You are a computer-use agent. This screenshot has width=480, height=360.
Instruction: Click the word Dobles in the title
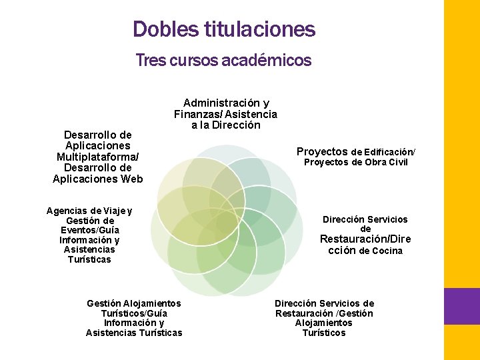coord(158,29)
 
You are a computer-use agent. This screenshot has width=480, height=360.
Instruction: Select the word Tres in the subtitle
coord(150,61)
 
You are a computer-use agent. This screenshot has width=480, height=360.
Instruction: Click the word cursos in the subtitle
coord(193,61)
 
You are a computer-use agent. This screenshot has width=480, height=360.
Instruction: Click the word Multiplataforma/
coord(97,157)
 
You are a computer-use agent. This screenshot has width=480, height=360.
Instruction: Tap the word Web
coord(131,179)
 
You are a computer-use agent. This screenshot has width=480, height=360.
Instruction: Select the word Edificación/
coord(391,152)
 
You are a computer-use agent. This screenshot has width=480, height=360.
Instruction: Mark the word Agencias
coord(67,211)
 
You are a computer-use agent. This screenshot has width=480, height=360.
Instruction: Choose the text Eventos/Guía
coord(89,231)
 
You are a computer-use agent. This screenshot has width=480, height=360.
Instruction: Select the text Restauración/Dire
coord(365,239)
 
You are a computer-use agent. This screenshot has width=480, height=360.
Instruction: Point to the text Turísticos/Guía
coord(133,313)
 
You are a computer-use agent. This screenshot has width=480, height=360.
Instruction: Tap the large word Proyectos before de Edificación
coord(322,151)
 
